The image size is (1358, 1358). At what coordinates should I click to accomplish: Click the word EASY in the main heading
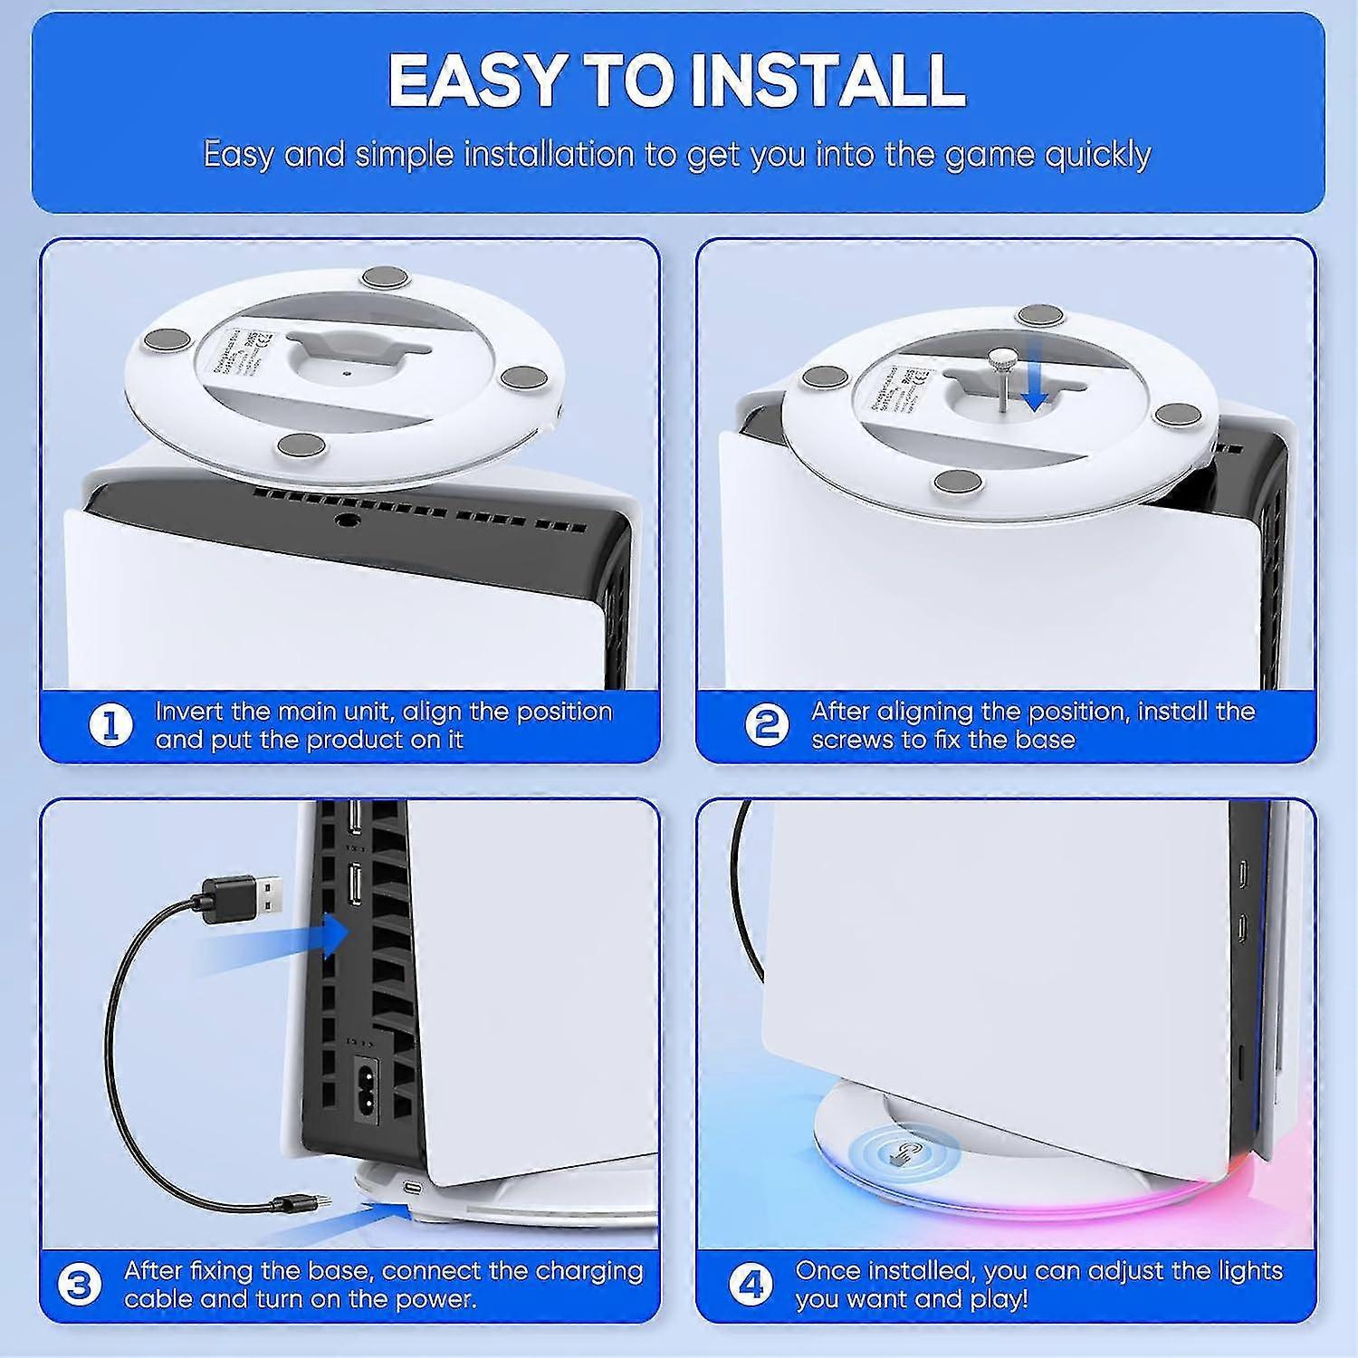(474, 80)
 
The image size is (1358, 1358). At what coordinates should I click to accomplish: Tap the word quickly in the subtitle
(1097, 154)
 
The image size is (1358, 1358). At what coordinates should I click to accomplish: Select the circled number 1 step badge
(111, 725)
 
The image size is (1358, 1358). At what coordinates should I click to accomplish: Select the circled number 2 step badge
(767, 725)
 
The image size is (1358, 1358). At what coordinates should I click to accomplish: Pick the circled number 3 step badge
(80, 1286)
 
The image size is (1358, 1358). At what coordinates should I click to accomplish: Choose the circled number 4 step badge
(751, 1286)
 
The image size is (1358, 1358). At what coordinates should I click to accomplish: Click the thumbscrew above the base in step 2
(1000, 365)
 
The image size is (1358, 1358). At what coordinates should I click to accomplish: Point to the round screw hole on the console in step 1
(345, 521)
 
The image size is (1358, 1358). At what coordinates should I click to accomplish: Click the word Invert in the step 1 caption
(188, 712)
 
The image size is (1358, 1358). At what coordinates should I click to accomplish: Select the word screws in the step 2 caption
(851, 740)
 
